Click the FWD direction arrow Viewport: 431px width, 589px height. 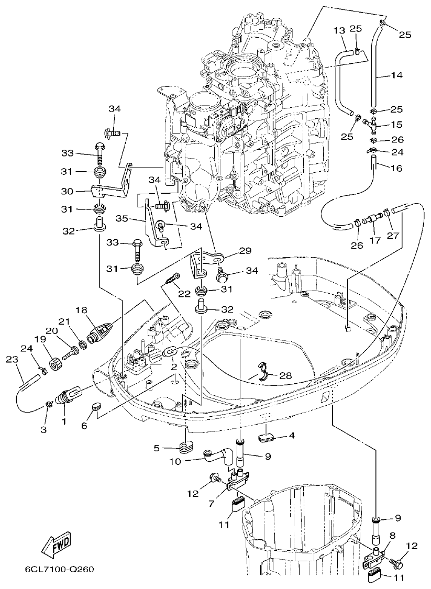click(54, 546)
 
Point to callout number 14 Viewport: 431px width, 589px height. click(396, 75)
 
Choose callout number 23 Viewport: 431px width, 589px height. click(12, 360)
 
